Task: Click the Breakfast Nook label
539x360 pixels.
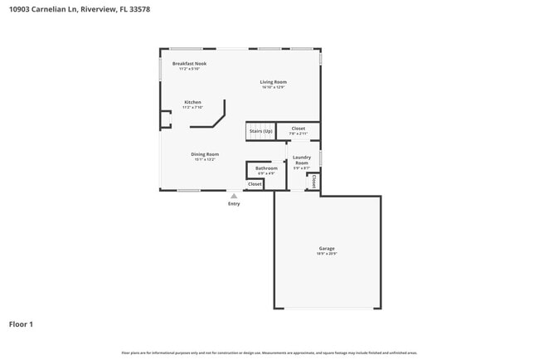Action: point(189,64)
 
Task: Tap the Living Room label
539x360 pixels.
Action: point(273,82)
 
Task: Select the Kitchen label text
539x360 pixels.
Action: point(192,102)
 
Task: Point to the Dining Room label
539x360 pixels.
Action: point(205,154)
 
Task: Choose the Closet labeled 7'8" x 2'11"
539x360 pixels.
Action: point(298,129)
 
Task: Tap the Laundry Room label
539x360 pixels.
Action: point(301,160)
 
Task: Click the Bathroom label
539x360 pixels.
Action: point(266,168)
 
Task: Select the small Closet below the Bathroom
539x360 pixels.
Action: point(255,184)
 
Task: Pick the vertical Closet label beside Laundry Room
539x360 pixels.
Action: point(314,181)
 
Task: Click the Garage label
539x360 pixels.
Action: point(327,249)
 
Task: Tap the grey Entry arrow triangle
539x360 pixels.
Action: point(234,196)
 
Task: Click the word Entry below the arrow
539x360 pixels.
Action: point(234,204)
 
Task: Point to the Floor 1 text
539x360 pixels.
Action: point(21,324)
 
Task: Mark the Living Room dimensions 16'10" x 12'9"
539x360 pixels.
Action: point(273,87)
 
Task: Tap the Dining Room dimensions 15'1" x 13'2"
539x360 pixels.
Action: point(205,159)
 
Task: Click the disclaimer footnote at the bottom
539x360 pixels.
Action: point(269,353)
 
